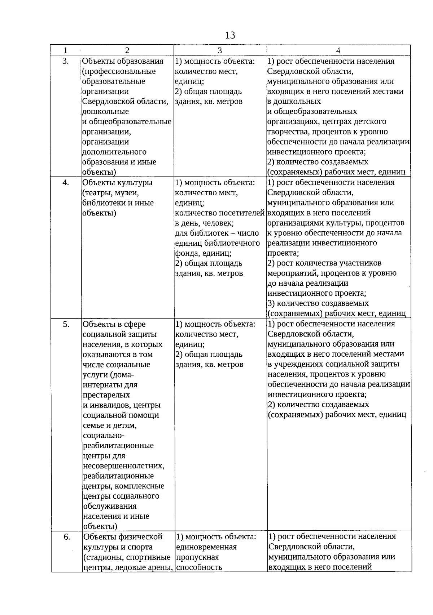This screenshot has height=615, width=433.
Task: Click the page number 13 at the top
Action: [230, 35]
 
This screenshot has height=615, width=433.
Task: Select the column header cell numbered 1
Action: [65, 50]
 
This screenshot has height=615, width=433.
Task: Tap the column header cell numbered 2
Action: [127, 50]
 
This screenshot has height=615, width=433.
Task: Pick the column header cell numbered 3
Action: [220, 50]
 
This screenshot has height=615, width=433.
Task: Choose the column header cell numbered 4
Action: [338, 50]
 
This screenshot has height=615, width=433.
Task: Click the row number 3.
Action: [65, 61]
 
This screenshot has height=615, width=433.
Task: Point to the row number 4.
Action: [66, 182]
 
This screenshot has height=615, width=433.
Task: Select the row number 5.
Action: [66, 324]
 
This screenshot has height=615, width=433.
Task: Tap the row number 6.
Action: [67, 537]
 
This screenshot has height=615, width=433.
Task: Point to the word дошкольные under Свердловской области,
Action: [105, 112]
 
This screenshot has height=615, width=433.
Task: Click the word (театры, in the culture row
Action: [97, 193]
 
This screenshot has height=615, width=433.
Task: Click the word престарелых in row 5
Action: [106, 395]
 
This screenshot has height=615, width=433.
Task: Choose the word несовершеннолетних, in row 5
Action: [123, 466]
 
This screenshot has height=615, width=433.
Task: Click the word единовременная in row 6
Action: [206, 547]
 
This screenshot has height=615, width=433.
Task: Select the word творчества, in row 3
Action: [288, 132]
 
